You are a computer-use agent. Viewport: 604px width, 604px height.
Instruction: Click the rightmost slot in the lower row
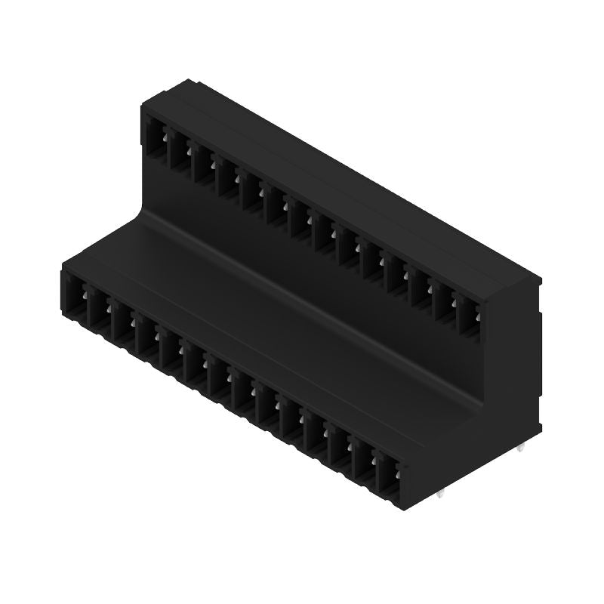(x=387, y=475)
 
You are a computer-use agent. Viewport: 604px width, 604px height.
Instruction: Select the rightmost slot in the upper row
(x=468, y=317)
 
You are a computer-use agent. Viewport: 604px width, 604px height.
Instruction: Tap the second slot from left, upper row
(x=178, y=153)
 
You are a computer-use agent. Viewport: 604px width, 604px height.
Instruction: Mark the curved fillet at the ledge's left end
(x=143, y=219)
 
